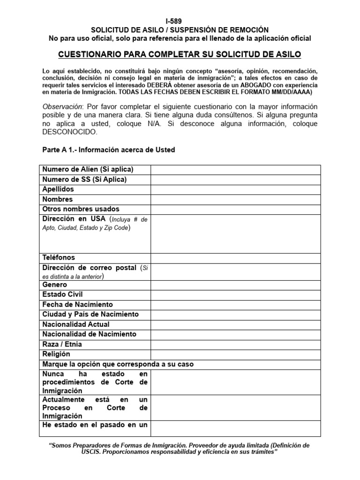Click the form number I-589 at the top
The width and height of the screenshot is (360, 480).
(180, 21)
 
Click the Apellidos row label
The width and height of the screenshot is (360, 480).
(58, 189)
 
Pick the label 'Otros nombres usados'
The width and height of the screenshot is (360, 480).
(81, 209)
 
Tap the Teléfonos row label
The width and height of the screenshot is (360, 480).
(59, 258)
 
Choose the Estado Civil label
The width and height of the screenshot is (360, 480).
(62, 295)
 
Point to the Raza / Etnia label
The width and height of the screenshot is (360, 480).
(62, 344)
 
